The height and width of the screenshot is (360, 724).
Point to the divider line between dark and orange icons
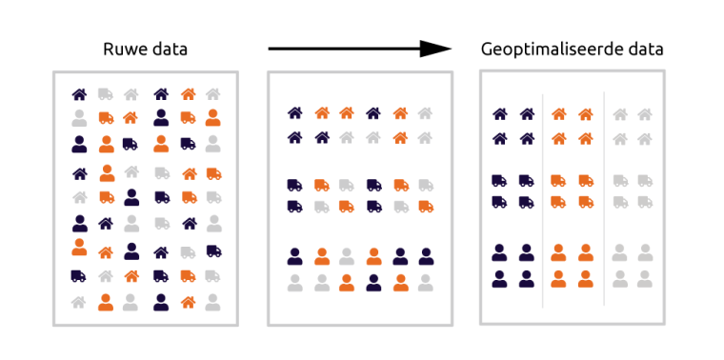[x=543, y=200]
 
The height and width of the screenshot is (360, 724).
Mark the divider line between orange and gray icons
[x=604, y=200]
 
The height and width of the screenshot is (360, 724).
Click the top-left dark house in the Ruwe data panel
[x=79, y=94]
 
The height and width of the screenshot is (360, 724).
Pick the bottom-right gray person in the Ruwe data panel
[x=213, y=302]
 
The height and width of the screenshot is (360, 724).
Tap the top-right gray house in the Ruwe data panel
[x=213, y=94]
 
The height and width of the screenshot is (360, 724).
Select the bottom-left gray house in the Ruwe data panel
[x=79, y=302]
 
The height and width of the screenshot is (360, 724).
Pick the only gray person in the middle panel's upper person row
[x=348, y=256]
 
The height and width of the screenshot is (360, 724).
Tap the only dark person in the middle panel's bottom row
[x=373, y=281]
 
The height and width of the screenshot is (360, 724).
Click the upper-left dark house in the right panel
[x=499, y=114]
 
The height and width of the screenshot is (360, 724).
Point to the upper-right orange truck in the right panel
[x=585, y=179]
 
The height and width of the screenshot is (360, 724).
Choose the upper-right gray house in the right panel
[x=646, y=114]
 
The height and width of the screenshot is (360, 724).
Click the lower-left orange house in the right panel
[x=559, y=138]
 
